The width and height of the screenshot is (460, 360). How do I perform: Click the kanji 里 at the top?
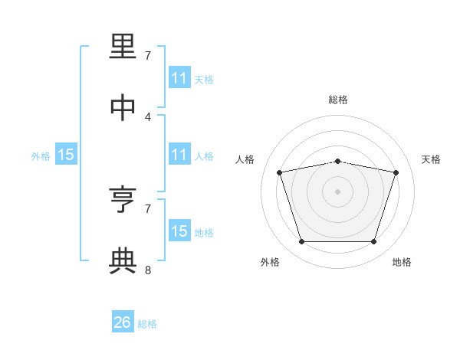(123, 46)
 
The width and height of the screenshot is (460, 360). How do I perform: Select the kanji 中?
(123, 107)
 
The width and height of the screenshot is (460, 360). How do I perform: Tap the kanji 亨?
(123, 199)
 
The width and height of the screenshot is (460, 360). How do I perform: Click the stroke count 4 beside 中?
(148, 117)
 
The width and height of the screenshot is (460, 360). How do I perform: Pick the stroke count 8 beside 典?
(148, 270)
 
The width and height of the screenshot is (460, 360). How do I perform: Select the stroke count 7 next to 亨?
(148, 209)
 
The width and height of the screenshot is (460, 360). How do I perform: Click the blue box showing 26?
(123, 321)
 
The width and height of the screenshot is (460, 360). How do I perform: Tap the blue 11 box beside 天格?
(179, 77)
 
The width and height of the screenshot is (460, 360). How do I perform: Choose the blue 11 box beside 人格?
(179, 154)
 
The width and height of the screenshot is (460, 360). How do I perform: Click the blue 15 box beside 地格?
(179, 230)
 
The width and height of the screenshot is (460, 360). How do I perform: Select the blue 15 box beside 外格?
(66, 154)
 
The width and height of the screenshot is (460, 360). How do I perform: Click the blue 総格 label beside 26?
(147, 324)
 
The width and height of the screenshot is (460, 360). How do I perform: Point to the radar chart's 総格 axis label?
(338, 100)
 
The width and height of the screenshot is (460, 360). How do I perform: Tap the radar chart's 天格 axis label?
(431, 159)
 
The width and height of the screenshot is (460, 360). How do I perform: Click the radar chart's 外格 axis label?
(270, 262)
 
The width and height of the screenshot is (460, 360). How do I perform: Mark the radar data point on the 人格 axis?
(280, 172)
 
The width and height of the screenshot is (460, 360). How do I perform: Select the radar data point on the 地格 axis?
(374, 241)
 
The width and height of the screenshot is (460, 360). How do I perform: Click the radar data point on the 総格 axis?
(337, 162)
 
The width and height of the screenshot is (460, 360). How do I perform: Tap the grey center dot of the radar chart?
(337, 191)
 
